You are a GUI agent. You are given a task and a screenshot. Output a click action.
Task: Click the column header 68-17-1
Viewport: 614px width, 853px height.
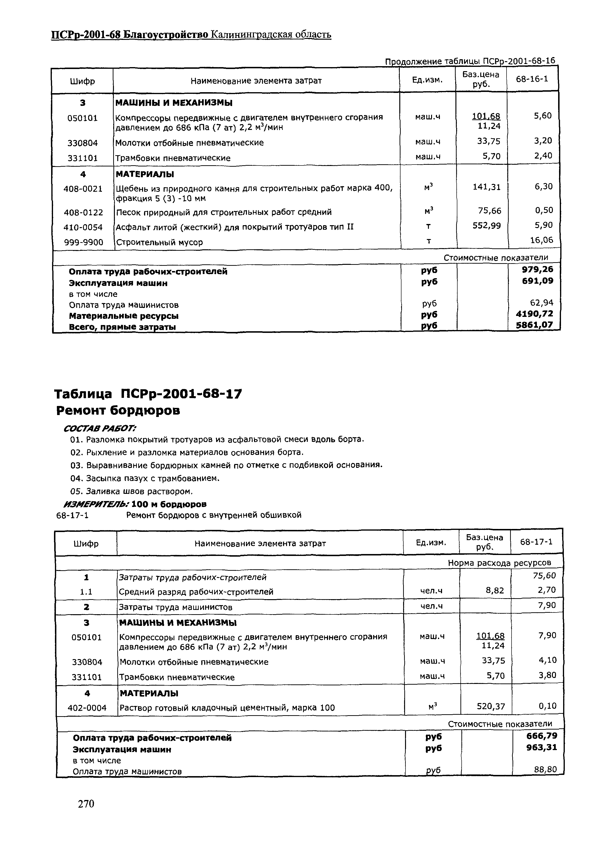tap(536, 542)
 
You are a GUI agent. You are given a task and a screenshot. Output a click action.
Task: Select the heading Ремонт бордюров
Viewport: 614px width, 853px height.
tap(118, 411)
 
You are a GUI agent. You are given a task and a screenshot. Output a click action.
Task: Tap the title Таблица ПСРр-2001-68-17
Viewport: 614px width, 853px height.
tap(148, 394)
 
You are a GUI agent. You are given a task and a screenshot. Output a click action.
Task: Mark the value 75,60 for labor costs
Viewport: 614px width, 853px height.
tap(544, 576)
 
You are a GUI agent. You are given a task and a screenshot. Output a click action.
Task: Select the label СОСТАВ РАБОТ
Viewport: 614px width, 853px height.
tap(100, 428)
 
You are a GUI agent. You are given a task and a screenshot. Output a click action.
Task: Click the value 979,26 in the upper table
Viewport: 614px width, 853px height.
tap(537, 269)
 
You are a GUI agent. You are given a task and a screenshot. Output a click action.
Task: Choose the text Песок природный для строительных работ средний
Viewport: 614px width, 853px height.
tap(224, 212)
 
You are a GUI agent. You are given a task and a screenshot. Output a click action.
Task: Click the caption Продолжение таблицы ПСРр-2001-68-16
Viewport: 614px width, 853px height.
tap(470, 61)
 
